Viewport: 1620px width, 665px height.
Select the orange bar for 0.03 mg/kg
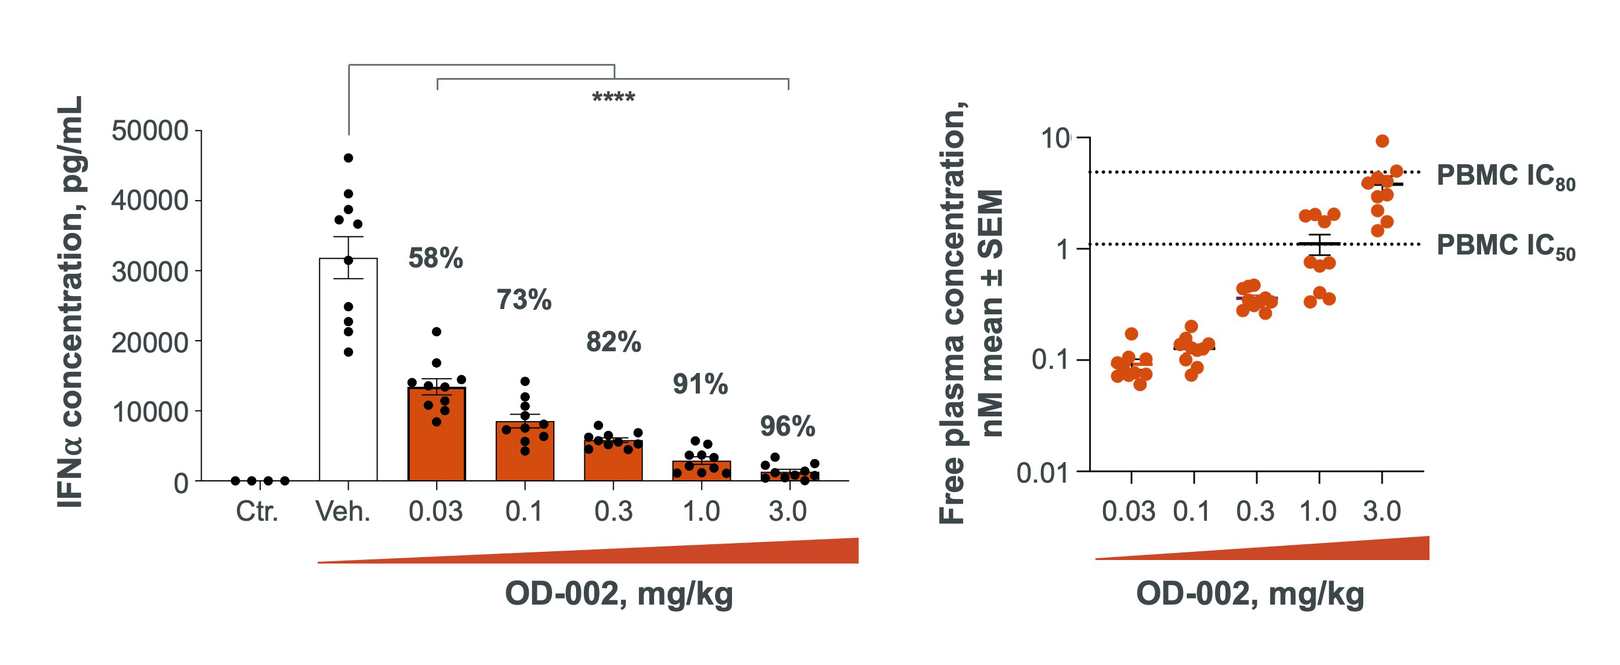click(x=437, y=440)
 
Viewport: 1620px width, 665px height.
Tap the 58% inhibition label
click(x=435, y=258)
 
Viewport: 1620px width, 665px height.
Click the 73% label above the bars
click(x=524, y=300)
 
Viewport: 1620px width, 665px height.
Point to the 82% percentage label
click(x=613, y=342)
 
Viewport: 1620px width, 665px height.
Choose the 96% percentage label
click(x=787, y=426)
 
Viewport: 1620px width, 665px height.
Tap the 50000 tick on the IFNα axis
click(x=149, y=131)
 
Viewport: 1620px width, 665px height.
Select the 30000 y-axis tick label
click(x=149, y=272)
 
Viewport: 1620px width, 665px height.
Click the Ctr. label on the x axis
click(x=257, y=511)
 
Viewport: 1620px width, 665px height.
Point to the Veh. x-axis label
click(x=343, y=511)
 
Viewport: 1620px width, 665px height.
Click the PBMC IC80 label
click(x=1505, y=175)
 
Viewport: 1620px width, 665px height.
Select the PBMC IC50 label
click(x=1505, y=245)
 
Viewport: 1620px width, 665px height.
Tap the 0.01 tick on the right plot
click(x=1043, y=473)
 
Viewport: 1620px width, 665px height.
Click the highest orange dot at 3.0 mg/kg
click(x=1382, y=141)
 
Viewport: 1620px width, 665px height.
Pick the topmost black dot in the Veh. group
click(x=348, y=158)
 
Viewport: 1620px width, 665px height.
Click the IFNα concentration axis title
click(x=70, y=302)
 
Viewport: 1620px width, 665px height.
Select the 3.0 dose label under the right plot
click(x=1381, y=511)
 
